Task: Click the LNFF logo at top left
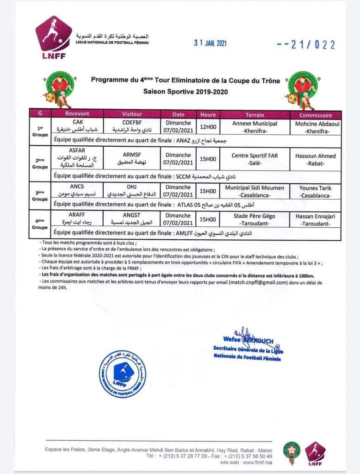point(54,38)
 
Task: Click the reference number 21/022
point(305,45)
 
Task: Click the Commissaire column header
point(315,115)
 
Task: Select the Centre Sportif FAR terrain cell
point(255,159)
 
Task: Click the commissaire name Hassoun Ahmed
point(315,159)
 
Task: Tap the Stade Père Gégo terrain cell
point(255,219)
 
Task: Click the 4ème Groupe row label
point(40,224)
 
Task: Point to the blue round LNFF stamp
point(123,374)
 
